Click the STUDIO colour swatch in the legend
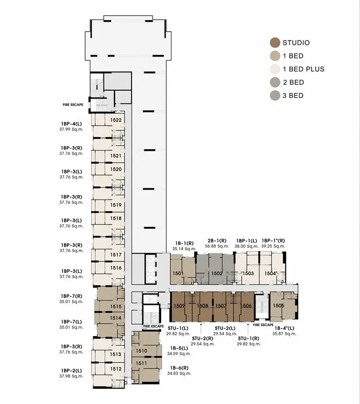coord(275,43)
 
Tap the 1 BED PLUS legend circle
coord(275,69)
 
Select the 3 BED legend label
coord(293,96)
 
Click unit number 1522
coord(116,120)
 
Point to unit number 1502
coord(217,274)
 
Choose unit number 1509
coord(179,306)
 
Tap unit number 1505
coord(278,306)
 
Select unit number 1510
coord(141,351)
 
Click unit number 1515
coord(116,306)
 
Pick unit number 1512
coord(116,369)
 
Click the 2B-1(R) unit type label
coord(217,240)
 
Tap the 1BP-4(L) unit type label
coord(71,124)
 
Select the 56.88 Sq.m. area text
coord(217,246)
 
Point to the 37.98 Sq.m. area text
coord(71,376)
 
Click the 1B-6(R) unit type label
coord(179,368)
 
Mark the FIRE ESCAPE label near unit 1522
coord(73,105)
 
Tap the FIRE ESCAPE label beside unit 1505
coord(263,325)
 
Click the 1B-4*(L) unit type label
coord(284,328)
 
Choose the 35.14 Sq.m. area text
coord(185,249)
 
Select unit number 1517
coord(116,255)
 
